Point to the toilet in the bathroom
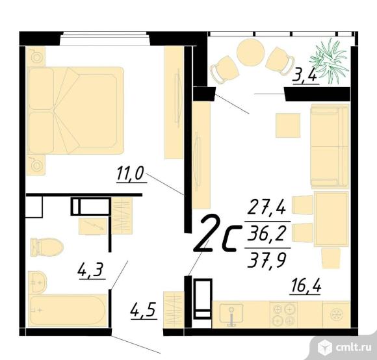click(x=45, y=245)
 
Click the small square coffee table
click(x=288, y=125)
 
